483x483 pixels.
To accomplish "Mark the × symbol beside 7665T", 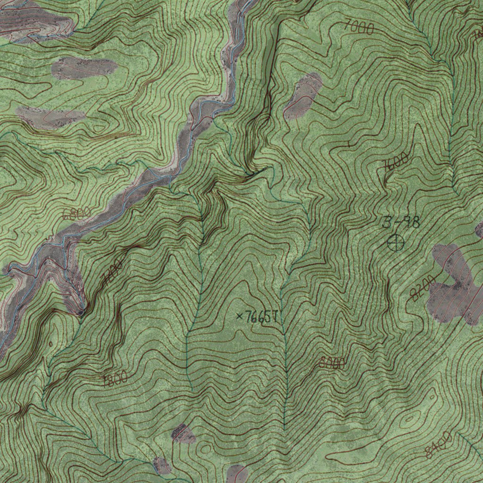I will coord(239,316).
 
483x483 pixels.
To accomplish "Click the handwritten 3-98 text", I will coord(400,222).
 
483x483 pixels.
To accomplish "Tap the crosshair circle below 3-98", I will coord(396,243).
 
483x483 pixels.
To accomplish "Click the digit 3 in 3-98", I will coord(387,222).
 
